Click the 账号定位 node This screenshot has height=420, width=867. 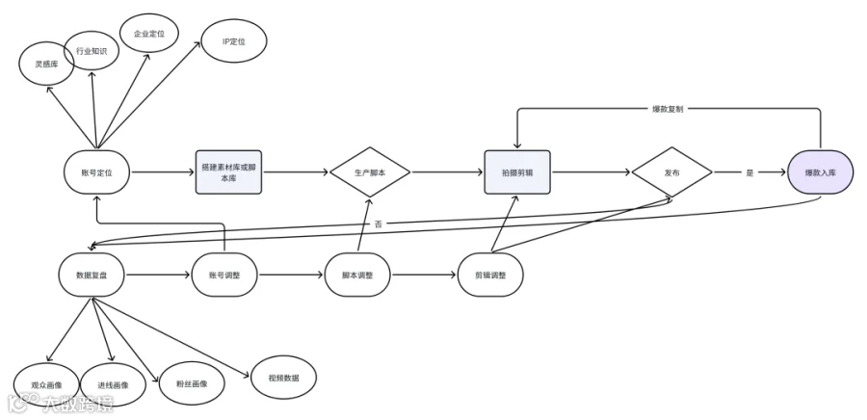coord(96,171)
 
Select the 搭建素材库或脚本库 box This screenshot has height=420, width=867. coord(228,171)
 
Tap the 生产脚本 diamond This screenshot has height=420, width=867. coord(370,171)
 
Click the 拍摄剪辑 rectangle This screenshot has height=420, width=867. coord(517,171)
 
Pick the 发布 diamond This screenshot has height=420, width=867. coord(671,171)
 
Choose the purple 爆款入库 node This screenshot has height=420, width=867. coord(821,171)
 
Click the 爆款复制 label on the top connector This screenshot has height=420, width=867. coord(668,109)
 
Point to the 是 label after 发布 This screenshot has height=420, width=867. coord(749,172)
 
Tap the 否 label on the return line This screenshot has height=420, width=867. coord(379,223)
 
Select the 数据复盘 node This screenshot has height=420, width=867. coord(92,275)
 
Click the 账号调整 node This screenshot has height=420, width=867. coord(224,275)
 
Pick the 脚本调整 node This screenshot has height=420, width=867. coord(357,275)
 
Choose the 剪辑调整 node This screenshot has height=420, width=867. coord(490,275)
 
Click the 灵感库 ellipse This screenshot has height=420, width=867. coord(46,64)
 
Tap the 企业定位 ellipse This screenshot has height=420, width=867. coord(148,33)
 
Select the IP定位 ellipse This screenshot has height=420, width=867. coord(234,40)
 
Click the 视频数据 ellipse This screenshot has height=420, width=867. coord(283,378)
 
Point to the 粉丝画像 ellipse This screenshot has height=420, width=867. coord(192,383)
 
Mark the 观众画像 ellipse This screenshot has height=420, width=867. coord(46,385)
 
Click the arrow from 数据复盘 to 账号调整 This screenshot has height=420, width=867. coord(158,275)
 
